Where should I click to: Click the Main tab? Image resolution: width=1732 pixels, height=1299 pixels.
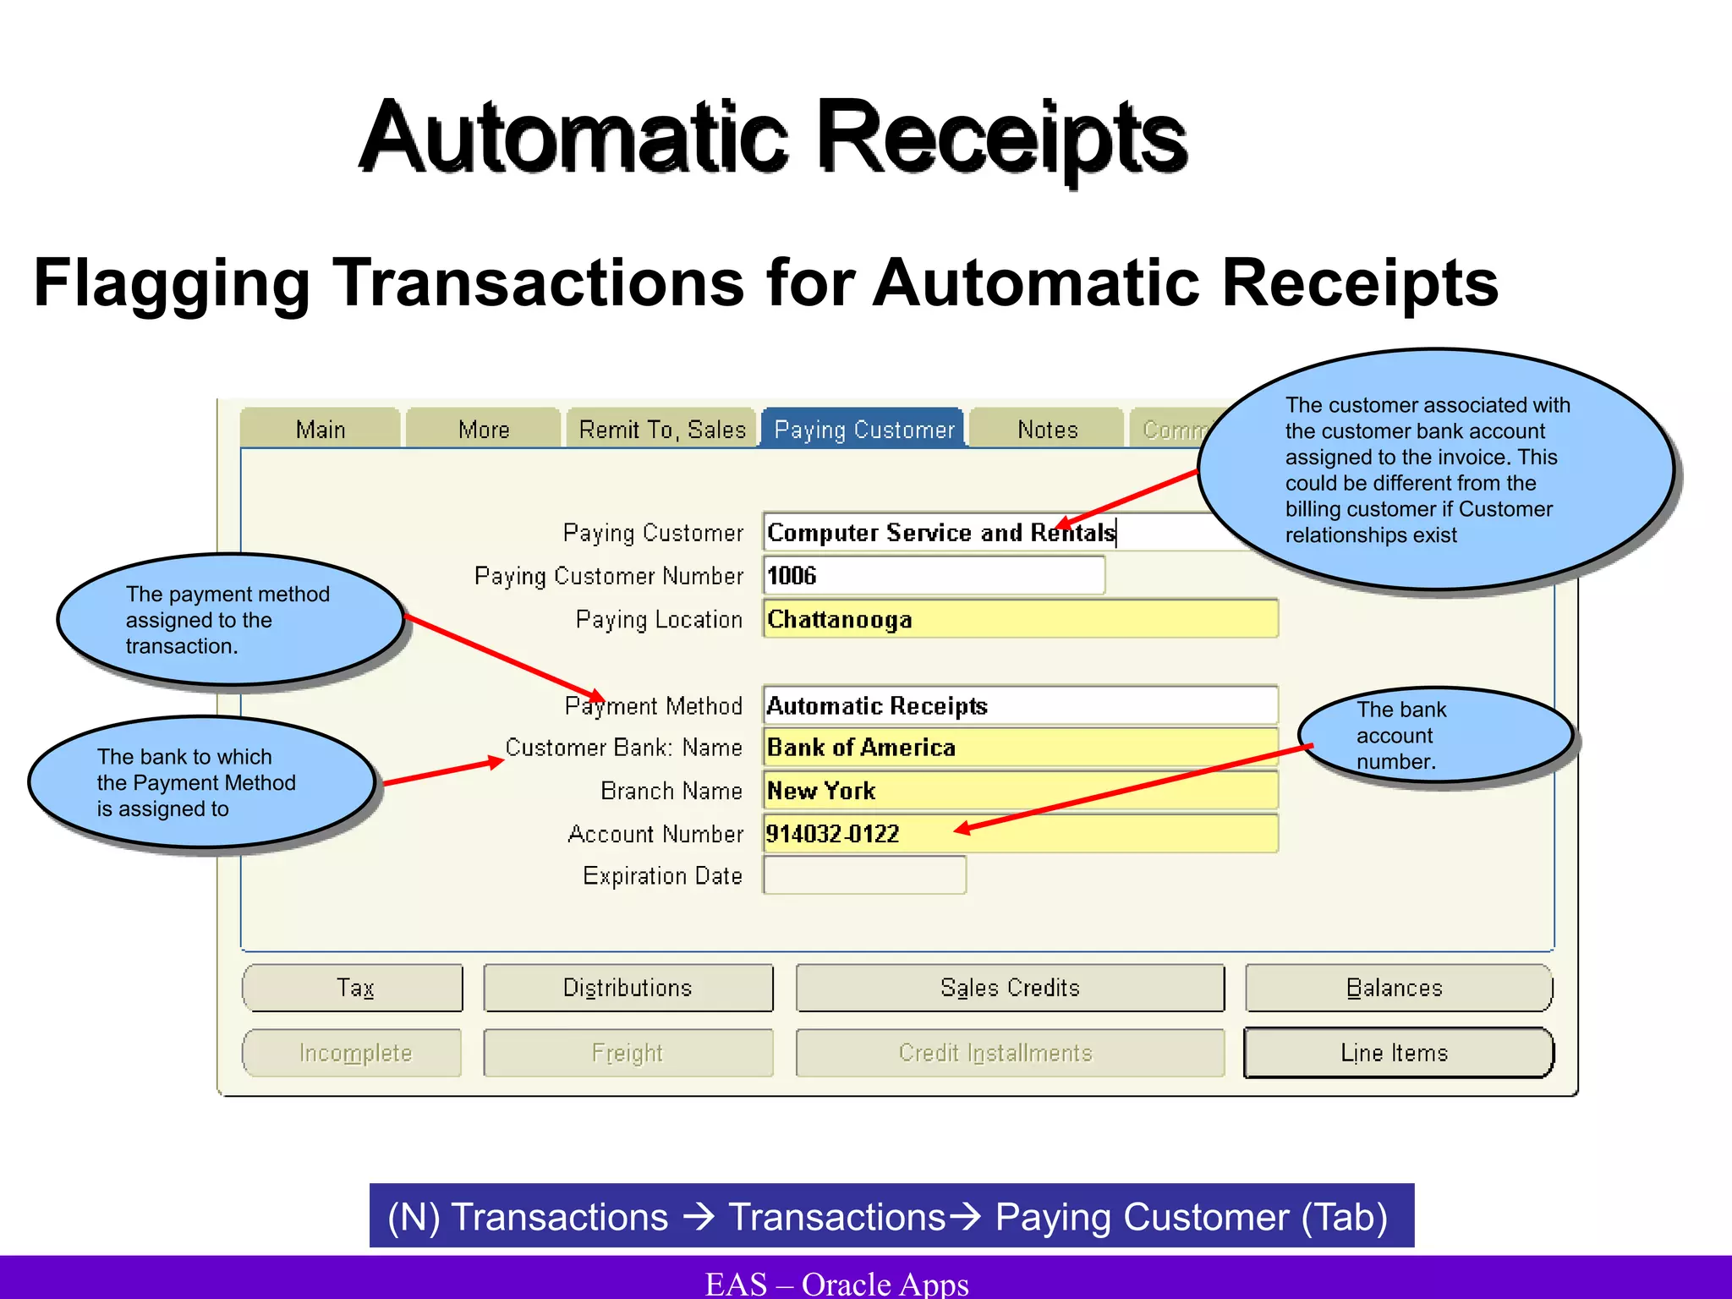click(321, 430)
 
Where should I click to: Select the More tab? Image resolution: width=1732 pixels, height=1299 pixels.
click(484, 430)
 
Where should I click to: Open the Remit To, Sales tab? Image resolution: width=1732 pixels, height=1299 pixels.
click(661, 430)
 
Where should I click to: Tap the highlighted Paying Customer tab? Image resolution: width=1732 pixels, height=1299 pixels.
click(863, 430)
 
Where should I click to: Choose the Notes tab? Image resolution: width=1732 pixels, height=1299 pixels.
click(1047, 430)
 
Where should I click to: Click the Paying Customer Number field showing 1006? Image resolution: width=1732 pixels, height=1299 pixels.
click(934, 576)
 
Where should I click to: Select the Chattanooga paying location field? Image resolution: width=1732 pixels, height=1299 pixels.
click(1020, 620)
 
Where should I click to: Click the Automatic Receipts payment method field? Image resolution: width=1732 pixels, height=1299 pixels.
click(1020, 705)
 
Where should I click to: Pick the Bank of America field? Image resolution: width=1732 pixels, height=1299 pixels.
click(1020, 748)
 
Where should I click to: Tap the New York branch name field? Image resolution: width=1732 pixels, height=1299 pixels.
click(1020, 791)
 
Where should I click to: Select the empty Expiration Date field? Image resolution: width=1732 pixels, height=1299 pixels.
click(864, 875)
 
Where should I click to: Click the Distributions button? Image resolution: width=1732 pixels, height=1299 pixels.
click(628, 988)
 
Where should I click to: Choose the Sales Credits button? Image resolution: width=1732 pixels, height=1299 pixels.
click(1010, 988)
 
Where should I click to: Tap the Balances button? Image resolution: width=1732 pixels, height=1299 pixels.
click(1397, 988)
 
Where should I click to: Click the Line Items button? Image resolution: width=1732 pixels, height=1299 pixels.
click(1397, 1053)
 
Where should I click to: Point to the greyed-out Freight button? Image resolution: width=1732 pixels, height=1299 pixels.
click(628, 1053)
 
